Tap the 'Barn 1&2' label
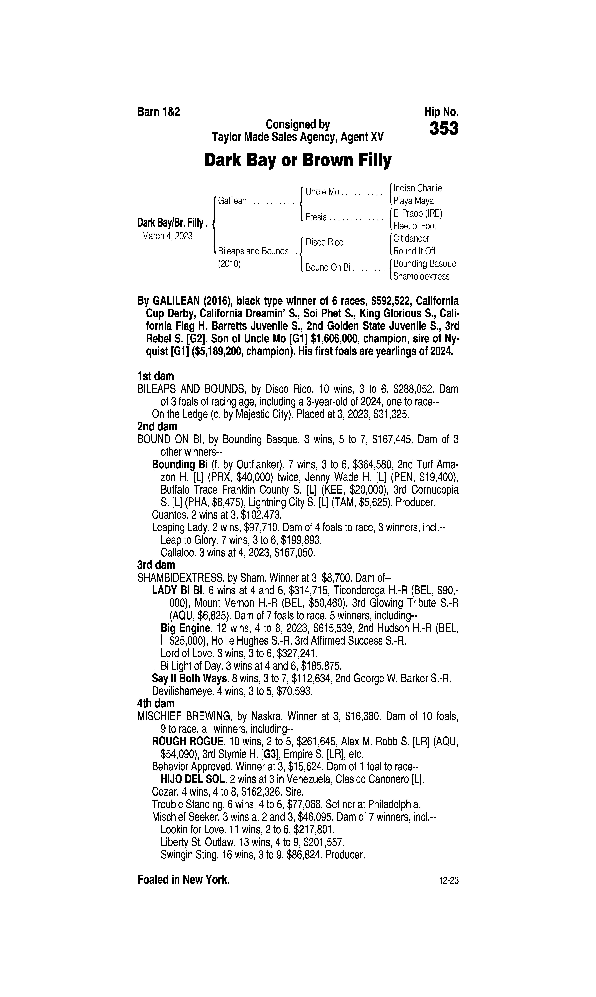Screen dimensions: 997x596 (x=159, y=112)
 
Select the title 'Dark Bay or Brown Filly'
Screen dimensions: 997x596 (x=298, y=161)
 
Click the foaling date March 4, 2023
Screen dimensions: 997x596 (x=167, y=236)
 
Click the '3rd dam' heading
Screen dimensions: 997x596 (x=156, y=565)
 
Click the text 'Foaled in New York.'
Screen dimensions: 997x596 (x=184, y=880)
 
